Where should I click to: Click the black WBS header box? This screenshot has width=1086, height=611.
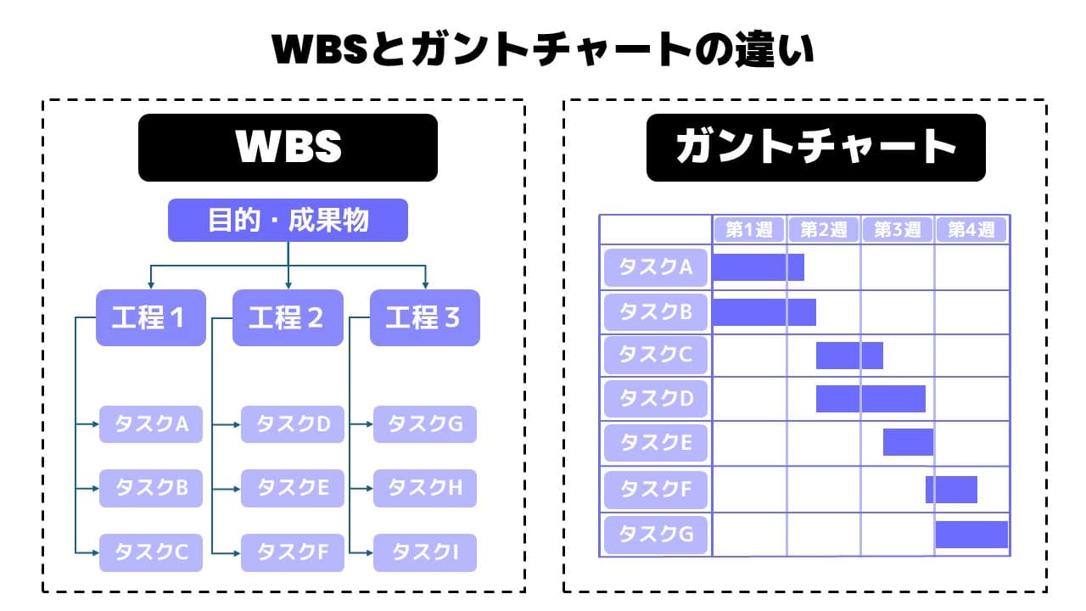288,148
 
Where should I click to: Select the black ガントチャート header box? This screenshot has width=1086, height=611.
815,148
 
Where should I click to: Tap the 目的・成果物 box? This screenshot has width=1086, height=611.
288,221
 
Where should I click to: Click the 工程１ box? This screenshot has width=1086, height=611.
150,317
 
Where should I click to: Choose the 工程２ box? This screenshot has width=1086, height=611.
288,317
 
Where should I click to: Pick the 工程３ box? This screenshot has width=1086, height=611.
425,317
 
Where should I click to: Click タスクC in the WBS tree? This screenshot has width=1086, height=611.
151,552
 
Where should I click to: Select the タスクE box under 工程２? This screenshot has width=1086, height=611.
292,488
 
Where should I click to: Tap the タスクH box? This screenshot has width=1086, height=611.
425,488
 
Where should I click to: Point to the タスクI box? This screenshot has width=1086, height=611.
425,552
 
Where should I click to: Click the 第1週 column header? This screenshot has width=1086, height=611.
750,229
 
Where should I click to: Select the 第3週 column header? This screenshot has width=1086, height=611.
898,229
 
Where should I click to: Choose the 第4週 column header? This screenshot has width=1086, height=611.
971,229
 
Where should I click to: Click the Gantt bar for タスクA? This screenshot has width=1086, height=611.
758,267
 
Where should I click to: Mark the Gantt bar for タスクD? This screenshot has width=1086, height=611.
870,398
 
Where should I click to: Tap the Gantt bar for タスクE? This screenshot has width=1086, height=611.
908,442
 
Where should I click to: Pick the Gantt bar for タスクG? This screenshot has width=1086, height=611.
971,535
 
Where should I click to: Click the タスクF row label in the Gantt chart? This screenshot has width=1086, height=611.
656,490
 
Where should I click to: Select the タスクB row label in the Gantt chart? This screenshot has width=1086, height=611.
656,311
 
